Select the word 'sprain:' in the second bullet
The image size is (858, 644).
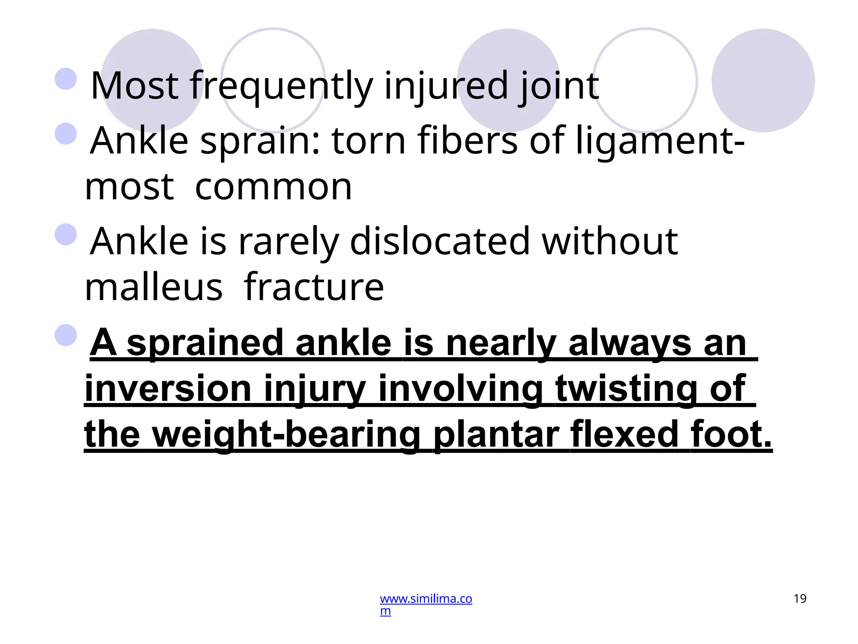(x=260, y=141)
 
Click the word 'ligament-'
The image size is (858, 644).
(x=660, y=141)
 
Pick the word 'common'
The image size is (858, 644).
(x=273, y=187)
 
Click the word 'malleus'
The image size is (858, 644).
(x=153, y=288)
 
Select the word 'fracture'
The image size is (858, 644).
(x=313, y=288)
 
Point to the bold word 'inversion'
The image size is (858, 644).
(x=168, y=389)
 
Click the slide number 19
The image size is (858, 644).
(x=800, y=599)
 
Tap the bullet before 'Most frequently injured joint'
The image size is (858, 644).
(x=66, y=79)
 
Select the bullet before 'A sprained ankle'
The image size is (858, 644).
(x=66, y=335)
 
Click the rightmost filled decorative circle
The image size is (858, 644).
(x=763, y=80)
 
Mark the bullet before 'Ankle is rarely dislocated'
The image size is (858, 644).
(x=66, y=234)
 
